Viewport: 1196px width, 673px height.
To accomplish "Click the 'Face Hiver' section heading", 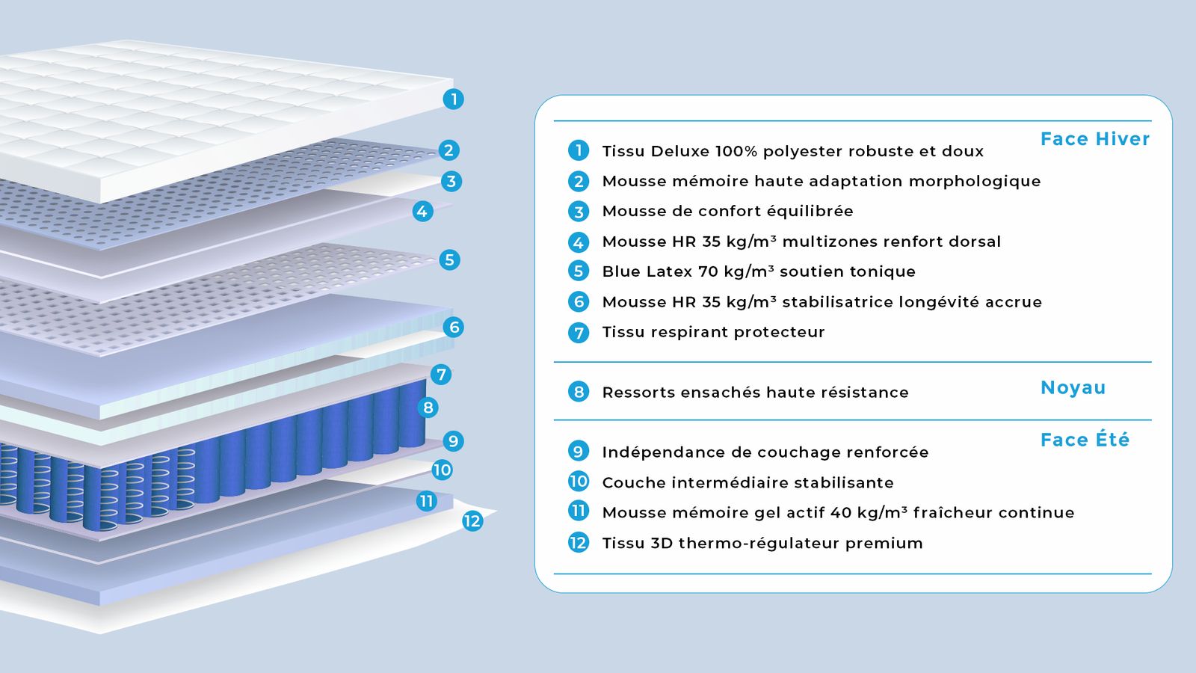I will (1095, 139).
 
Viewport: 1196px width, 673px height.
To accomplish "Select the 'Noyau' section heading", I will (1073, 387).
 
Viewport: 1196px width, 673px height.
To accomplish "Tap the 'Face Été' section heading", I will (1085, 440).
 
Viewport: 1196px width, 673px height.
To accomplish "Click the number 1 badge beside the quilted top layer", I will (453, 99).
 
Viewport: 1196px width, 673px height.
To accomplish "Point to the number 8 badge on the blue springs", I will (428, 408).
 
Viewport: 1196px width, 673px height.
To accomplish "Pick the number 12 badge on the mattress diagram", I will (472, 521).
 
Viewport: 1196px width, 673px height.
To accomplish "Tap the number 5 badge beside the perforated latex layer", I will (449, 260).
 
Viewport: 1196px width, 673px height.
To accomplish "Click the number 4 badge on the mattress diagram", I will (422, 212).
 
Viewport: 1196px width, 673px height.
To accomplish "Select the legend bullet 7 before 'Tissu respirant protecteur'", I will (579, 332).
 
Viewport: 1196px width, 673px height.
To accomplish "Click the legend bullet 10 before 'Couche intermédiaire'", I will (579, 482).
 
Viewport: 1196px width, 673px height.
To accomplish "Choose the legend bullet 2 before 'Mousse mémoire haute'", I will (579, 181).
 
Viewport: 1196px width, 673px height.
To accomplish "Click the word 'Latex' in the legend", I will (670, 271).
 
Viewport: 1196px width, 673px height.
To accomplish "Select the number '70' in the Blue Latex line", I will (708, 271).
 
